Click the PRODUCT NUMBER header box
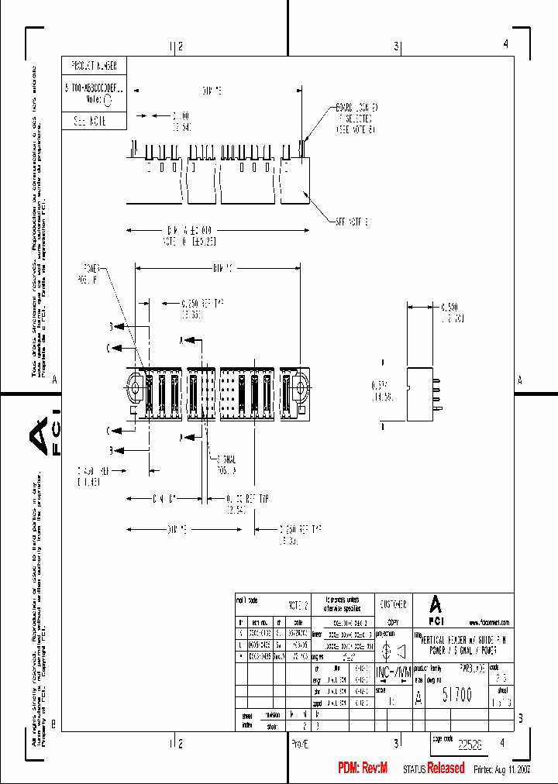93,65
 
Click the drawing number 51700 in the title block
456,695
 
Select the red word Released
446,768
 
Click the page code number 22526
470,744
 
